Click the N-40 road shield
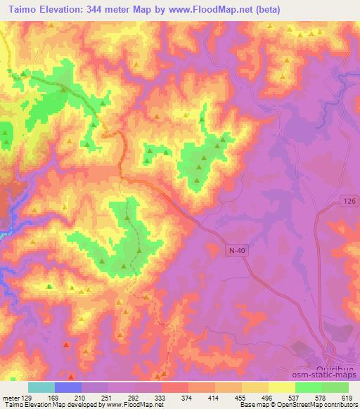(x=237, y=249)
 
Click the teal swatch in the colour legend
(x=41, y=387)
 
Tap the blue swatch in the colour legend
(x=68, y=387)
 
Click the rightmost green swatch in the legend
(x=335, y=387)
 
